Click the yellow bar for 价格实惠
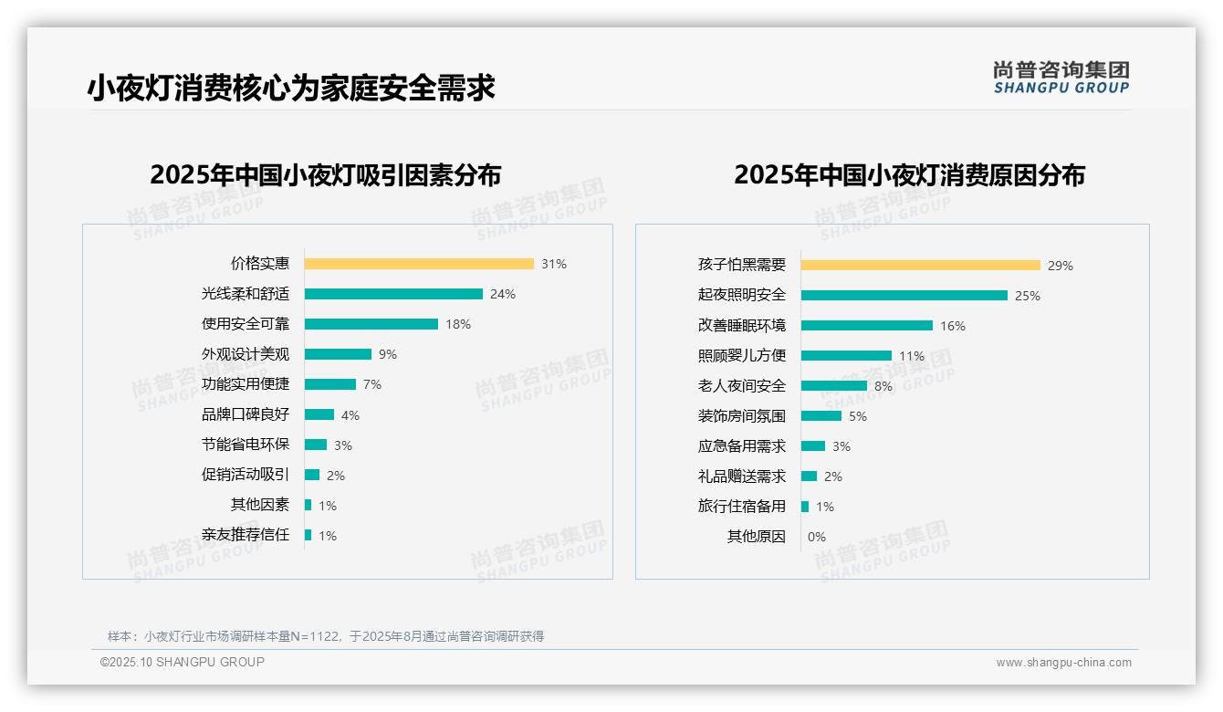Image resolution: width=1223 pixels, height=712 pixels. (x=419, y=264)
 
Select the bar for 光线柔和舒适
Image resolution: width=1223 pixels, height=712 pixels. (x=393, y=294)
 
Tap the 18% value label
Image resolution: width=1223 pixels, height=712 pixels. (x=458, y=324)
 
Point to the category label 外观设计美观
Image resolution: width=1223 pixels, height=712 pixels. (x=246, y=354)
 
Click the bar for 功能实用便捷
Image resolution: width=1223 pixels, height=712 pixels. (x=330, y=384)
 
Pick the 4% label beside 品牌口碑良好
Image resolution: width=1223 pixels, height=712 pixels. (x=350, y=415)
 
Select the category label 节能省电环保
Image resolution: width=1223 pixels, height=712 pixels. (x=246, y=445)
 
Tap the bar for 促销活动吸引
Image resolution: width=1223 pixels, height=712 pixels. (x=312, y=475)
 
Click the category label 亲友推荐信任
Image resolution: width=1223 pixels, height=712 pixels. (x=246, y=535)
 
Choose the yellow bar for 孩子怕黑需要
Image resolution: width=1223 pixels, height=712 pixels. (x=920, y=266)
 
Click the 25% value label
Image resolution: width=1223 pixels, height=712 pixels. (x=1028, y=296)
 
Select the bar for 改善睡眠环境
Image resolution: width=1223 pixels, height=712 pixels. (x=867, y=326)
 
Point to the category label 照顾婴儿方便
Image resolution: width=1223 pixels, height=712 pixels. (x=741, y=356)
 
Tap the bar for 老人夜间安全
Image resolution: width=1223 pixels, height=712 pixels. (x=834, y=386)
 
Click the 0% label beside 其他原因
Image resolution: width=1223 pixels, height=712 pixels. (x=817, y=537)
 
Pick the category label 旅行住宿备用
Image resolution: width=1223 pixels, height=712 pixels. (x=741, y=507)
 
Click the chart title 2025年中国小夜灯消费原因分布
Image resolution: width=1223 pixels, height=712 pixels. (x=909, y=175)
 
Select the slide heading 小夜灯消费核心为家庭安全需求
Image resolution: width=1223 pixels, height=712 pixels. (x=291, y=88)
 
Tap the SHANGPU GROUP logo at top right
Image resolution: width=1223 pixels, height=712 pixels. (x=1061, y=78)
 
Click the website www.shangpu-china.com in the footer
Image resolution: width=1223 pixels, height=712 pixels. (x=1063, y=663)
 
